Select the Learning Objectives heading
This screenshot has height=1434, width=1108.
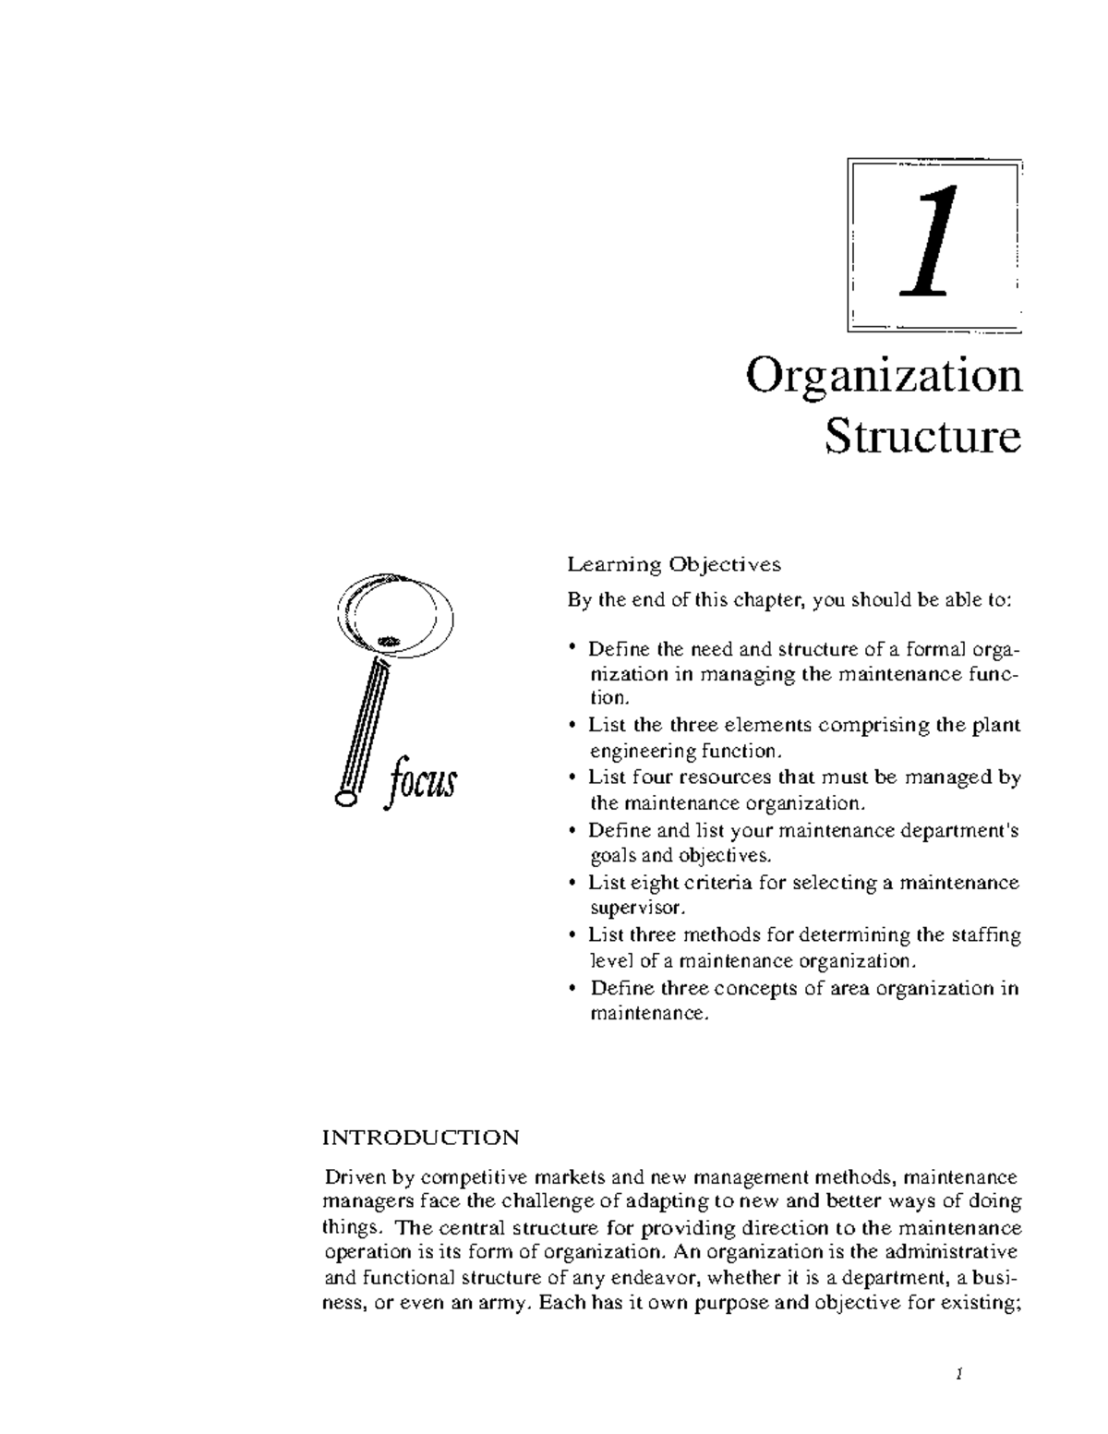[x=674, y=563]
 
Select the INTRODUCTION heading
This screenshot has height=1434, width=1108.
[x=420, y=1137]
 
